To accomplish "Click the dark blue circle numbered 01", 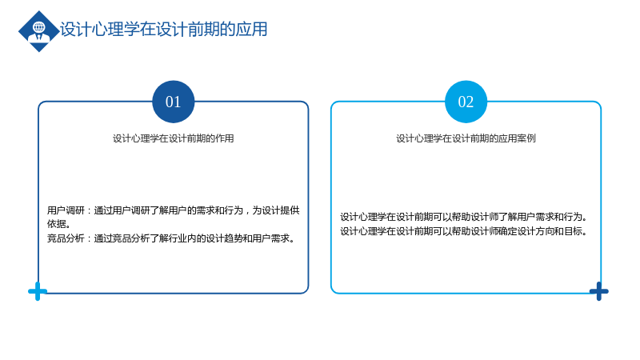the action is point(173,102).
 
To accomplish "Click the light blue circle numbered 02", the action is point(466,102).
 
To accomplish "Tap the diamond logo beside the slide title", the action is point(38,31).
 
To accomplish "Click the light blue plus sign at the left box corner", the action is point(38,291).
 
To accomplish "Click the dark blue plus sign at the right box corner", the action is point(598,291).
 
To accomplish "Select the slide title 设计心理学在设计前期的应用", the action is point(164,30).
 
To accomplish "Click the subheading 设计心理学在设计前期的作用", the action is point(173,138).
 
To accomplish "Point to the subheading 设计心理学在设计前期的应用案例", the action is point(466,138).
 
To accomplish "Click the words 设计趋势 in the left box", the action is point(225,238).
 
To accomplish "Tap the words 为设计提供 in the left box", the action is point(276,210).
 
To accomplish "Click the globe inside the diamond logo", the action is point(39,27).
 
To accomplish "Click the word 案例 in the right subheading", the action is point(526,138).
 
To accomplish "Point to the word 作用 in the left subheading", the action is point(225,138).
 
